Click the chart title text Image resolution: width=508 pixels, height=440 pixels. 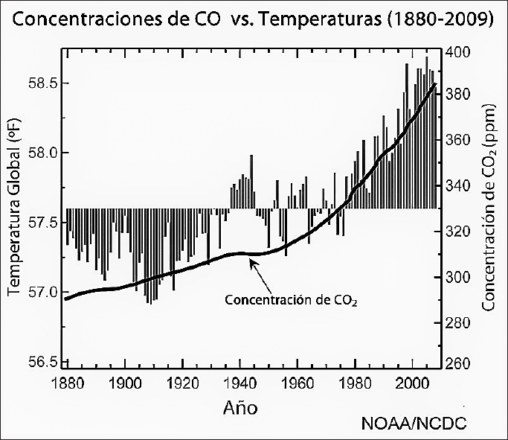(x=253, y=19)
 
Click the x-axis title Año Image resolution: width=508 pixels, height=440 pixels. (x=241, y=408)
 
